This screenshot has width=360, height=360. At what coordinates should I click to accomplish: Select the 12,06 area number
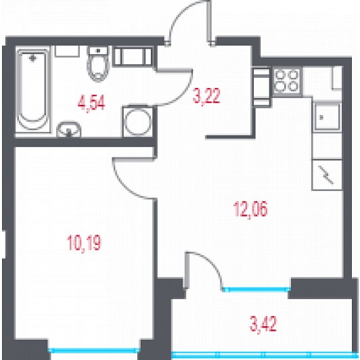pyautogui.click(x=250, y=209)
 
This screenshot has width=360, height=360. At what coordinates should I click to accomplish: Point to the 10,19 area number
pyautogui.click(x=84, y=244)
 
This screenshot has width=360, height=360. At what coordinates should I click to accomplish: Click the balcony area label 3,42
pyautogui.click(x=263, y=323)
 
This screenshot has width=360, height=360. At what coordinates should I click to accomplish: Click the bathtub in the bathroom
pyautogui.click(x=33, y=89)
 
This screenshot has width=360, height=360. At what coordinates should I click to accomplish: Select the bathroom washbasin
pyautogui.click(x=68, y=129)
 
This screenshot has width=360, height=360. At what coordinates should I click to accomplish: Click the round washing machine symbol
pyautogui.click(x=138, y=121)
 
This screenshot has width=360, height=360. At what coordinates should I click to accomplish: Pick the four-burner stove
pyautogui.click(x=287, y=81)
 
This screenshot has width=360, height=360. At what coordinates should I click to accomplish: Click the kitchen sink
pyautogui.click(x=327, y=117)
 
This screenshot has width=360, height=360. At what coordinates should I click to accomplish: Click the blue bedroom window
pyautogui.click(x=94, y=350)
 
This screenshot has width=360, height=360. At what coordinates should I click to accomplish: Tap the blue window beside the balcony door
pyautogui.click(x=256, y=290)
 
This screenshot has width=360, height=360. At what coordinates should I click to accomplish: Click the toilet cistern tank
pyautogui.click(x=98, y=51)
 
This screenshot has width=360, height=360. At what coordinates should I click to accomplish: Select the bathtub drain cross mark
pyautogui.click(x=33, y=59)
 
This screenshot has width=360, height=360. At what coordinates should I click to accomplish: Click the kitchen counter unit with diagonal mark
pyautogui.click(x=327, y=175)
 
